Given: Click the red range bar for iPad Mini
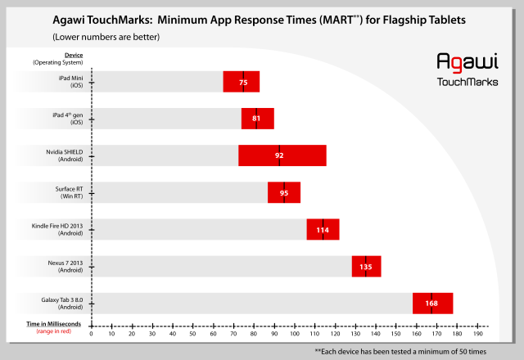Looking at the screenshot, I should (241, 82).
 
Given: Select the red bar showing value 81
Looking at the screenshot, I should (257, 119).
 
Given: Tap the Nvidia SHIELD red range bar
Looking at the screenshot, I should (282, 155).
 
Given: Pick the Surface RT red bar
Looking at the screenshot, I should (284, 192).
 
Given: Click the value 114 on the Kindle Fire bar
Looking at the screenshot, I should (323, 230).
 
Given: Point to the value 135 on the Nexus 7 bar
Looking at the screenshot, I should (366, 267).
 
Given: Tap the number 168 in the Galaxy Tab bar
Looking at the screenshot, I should (431, 304).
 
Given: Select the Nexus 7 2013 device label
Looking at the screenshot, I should (65, 267).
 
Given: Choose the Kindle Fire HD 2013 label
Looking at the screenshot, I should (57, 230).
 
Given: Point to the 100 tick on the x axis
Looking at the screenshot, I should (294, 334).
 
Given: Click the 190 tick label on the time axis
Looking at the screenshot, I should (477, 334).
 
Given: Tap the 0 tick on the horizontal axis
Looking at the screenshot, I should (91, 334).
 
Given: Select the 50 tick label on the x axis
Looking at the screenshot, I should (192, 334).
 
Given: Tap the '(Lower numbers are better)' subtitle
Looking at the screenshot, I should (94, 38).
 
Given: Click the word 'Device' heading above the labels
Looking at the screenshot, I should (75, 56).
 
